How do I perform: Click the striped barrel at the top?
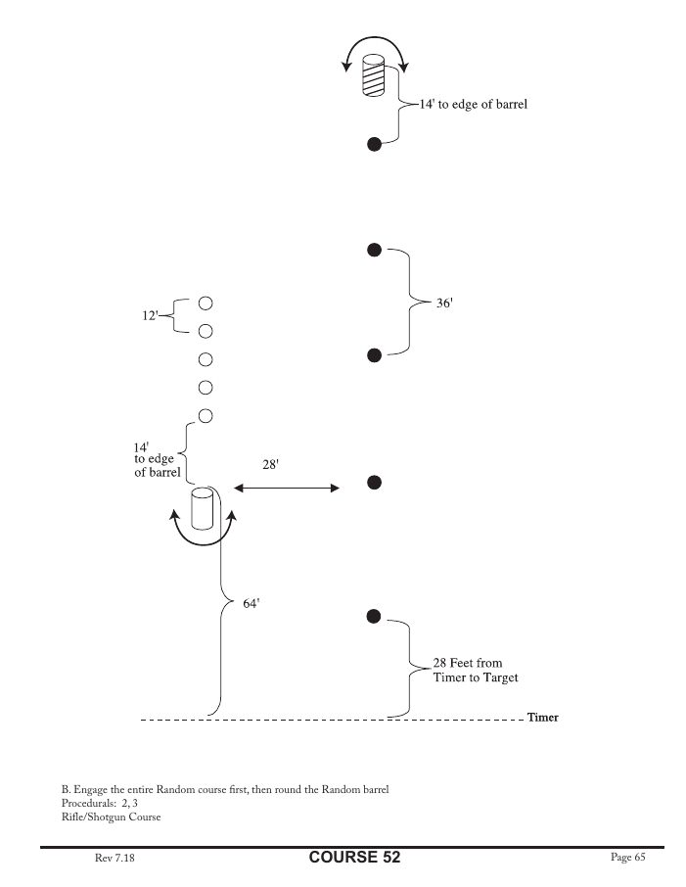(x=373, y=75)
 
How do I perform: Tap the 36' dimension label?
(x=444, y=304)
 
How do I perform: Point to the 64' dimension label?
(x=251, y=604)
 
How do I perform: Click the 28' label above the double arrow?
(x=272, y=466)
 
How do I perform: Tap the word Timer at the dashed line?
(x=542, y=718)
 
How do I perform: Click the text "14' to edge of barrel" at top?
(x=474, y=104)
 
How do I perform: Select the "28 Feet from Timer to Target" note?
(x=476, y=671)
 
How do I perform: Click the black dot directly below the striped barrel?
(x=373, y=145)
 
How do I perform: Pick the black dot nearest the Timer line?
(x=373, y=616)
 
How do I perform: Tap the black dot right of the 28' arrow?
(x=373, y=482)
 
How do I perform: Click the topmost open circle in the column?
(x=206, y=303)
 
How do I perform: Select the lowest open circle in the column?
(x=206, y=415)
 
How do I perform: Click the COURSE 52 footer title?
(x=354, y=858)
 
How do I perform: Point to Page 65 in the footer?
(x=627, y=858)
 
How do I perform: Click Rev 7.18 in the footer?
(x=115, y=859)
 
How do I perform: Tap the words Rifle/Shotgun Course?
(x=111, y=817)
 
